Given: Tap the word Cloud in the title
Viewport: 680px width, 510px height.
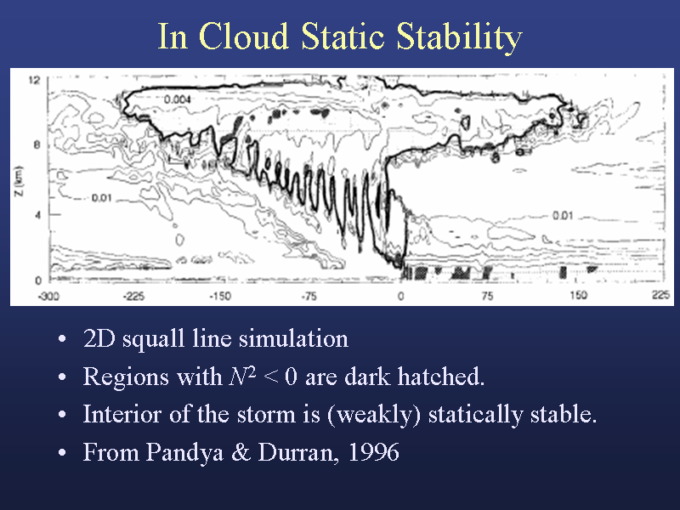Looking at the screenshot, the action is point(244,36).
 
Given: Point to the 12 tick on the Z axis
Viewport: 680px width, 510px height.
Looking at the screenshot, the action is point(34,80).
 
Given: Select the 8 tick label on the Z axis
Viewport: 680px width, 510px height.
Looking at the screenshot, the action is point(37,144).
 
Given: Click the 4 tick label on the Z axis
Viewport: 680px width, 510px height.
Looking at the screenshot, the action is point(37,215).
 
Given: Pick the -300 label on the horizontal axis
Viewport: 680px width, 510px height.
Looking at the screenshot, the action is point(48,296).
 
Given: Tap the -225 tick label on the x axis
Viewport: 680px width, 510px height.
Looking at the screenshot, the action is point(133,296).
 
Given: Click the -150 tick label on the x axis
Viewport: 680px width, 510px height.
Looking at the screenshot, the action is point(220,296).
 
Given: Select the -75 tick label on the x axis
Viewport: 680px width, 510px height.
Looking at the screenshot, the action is point(309,296).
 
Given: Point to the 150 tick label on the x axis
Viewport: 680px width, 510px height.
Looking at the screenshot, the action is point(579,295).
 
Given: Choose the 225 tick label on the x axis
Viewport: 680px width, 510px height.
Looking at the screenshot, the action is point(661,295).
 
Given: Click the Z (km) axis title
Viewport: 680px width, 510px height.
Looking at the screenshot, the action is point(19,181).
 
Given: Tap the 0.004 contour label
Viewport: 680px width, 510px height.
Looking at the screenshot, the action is point(178,99).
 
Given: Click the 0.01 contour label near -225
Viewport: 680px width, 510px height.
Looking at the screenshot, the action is point(101,198).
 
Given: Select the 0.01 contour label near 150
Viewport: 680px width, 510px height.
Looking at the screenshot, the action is point(563,215).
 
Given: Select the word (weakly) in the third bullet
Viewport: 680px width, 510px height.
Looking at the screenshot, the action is point(375,415).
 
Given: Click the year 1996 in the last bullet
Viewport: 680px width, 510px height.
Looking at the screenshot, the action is point(374,452).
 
